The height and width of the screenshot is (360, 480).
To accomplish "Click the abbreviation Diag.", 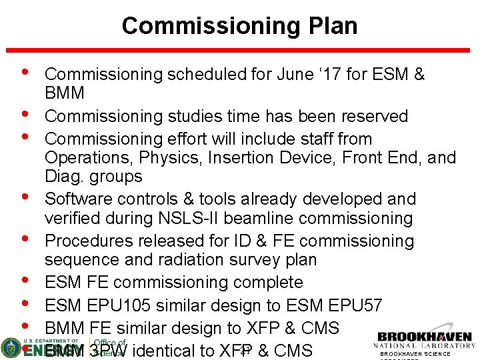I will pyautogui.click(x=65, y=177).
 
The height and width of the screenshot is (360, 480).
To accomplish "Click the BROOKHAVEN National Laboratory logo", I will pyautogui.click(x=425, y=341).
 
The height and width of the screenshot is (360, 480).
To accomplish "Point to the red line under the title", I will pyautogui.click(x=240, y=49).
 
